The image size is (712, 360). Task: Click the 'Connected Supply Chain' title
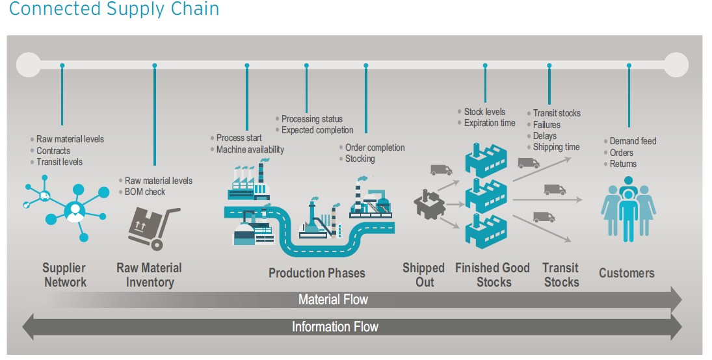pyautogui.click(x=114, y=10)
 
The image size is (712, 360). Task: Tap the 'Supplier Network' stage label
pyautogui.click(x=64, y=275)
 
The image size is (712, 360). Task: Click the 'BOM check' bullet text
pyautogui.click(x=145, y=192)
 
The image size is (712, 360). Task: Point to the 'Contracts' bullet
pyautogui.click(x=53, y=151)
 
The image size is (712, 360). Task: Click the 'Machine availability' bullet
pyautogui.click(x=250, y=149)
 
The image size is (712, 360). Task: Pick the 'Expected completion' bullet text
pyautogui.click(x=317, y=130)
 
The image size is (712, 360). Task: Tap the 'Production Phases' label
pyautogui.click(x=317, y=273)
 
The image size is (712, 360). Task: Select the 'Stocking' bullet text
pyautogui.click(x=360, y=159)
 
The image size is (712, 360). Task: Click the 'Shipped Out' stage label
pyautogui.click(x=423, y=275)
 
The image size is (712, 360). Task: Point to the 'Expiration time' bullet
pyautogui.click(x=490, y=123)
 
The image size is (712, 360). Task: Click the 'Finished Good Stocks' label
pyautogui.click(x=493, y=275)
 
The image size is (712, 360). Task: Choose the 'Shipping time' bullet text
pyautogui.click(x=556, y=147)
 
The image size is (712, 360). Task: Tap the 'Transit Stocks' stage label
pyautogui.click(x=561, y=275)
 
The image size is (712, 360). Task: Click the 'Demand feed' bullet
pyautogui.click(x=633, y=141)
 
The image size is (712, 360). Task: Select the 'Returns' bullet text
pyautogui.click(x=623, y=164)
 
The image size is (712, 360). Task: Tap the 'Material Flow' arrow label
pyautogui.click(x=333, y=300)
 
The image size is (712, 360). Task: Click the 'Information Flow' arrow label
pyautogui.click(x=335, y=327)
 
